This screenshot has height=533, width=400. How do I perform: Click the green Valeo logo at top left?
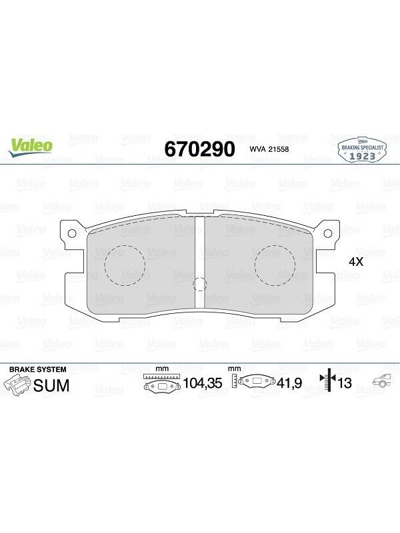[x=31, y=147]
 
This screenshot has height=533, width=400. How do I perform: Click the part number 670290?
[x=199, y=149]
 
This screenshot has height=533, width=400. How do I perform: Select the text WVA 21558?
[x=269, y=149]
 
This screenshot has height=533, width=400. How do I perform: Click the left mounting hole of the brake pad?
[x=72, y=233]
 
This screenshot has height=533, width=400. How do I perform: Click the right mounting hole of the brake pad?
[x=327, y=233]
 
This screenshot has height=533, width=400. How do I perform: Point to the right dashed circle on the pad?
[x=275, y=265]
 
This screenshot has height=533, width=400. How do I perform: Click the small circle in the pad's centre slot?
[x=199, y=284]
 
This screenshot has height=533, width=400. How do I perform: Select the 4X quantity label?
[x=357, y=262]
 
